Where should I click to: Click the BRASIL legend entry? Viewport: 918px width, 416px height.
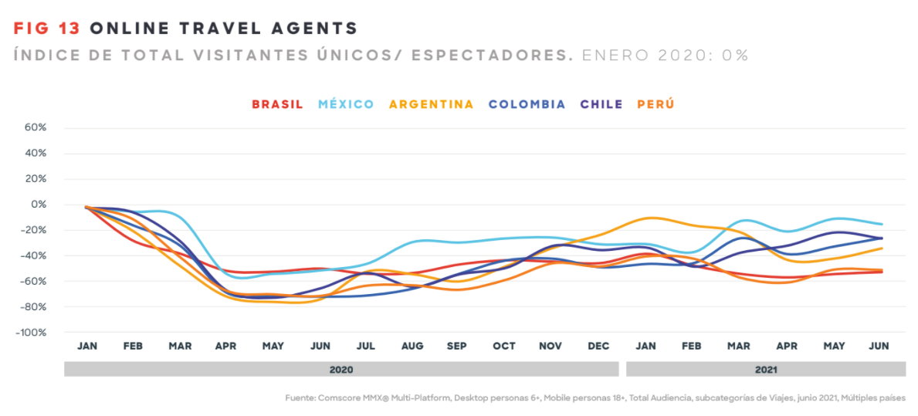point(277,104)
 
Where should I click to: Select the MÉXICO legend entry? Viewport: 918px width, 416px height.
point(346,104)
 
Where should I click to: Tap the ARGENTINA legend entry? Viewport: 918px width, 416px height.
point(431,104)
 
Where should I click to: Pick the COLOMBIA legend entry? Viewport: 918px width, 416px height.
point(527,104)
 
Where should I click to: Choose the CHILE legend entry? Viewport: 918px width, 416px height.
point(601,104)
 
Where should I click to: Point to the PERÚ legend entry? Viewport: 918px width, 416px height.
point(655,104)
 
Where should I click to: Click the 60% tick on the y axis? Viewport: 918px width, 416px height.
point(37,127)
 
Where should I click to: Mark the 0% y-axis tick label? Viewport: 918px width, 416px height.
point(39,205)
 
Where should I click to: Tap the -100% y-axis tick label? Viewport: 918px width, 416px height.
point(32,333)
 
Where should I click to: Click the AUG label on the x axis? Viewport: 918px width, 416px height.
point(412,347)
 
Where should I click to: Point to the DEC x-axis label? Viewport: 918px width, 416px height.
point(598,347)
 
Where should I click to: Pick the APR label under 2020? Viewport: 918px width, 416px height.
point(226,347)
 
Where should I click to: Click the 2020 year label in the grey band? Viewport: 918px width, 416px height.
point(341,370)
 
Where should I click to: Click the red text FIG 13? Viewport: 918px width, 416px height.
point(48,29)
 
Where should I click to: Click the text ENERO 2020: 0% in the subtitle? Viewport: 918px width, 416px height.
point(665,56)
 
